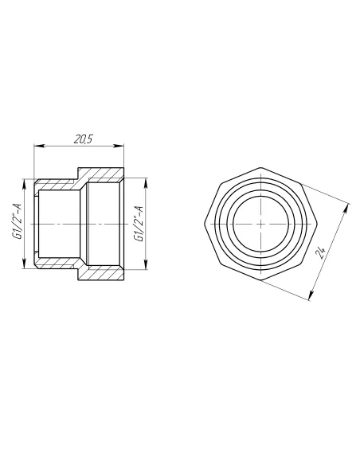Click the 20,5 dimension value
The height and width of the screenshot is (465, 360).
(84, 139)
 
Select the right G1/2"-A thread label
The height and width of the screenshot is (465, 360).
(139, 223)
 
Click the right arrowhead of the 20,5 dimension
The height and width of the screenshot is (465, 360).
(118, 146)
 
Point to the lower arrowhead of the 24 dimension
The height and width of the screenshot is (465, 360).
(311, 295)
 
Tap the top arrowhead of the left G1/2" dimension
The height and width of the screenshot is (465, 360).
(24, 185)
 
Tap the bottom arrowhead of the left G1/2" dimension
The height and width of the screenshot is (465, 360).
(24, 263)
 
